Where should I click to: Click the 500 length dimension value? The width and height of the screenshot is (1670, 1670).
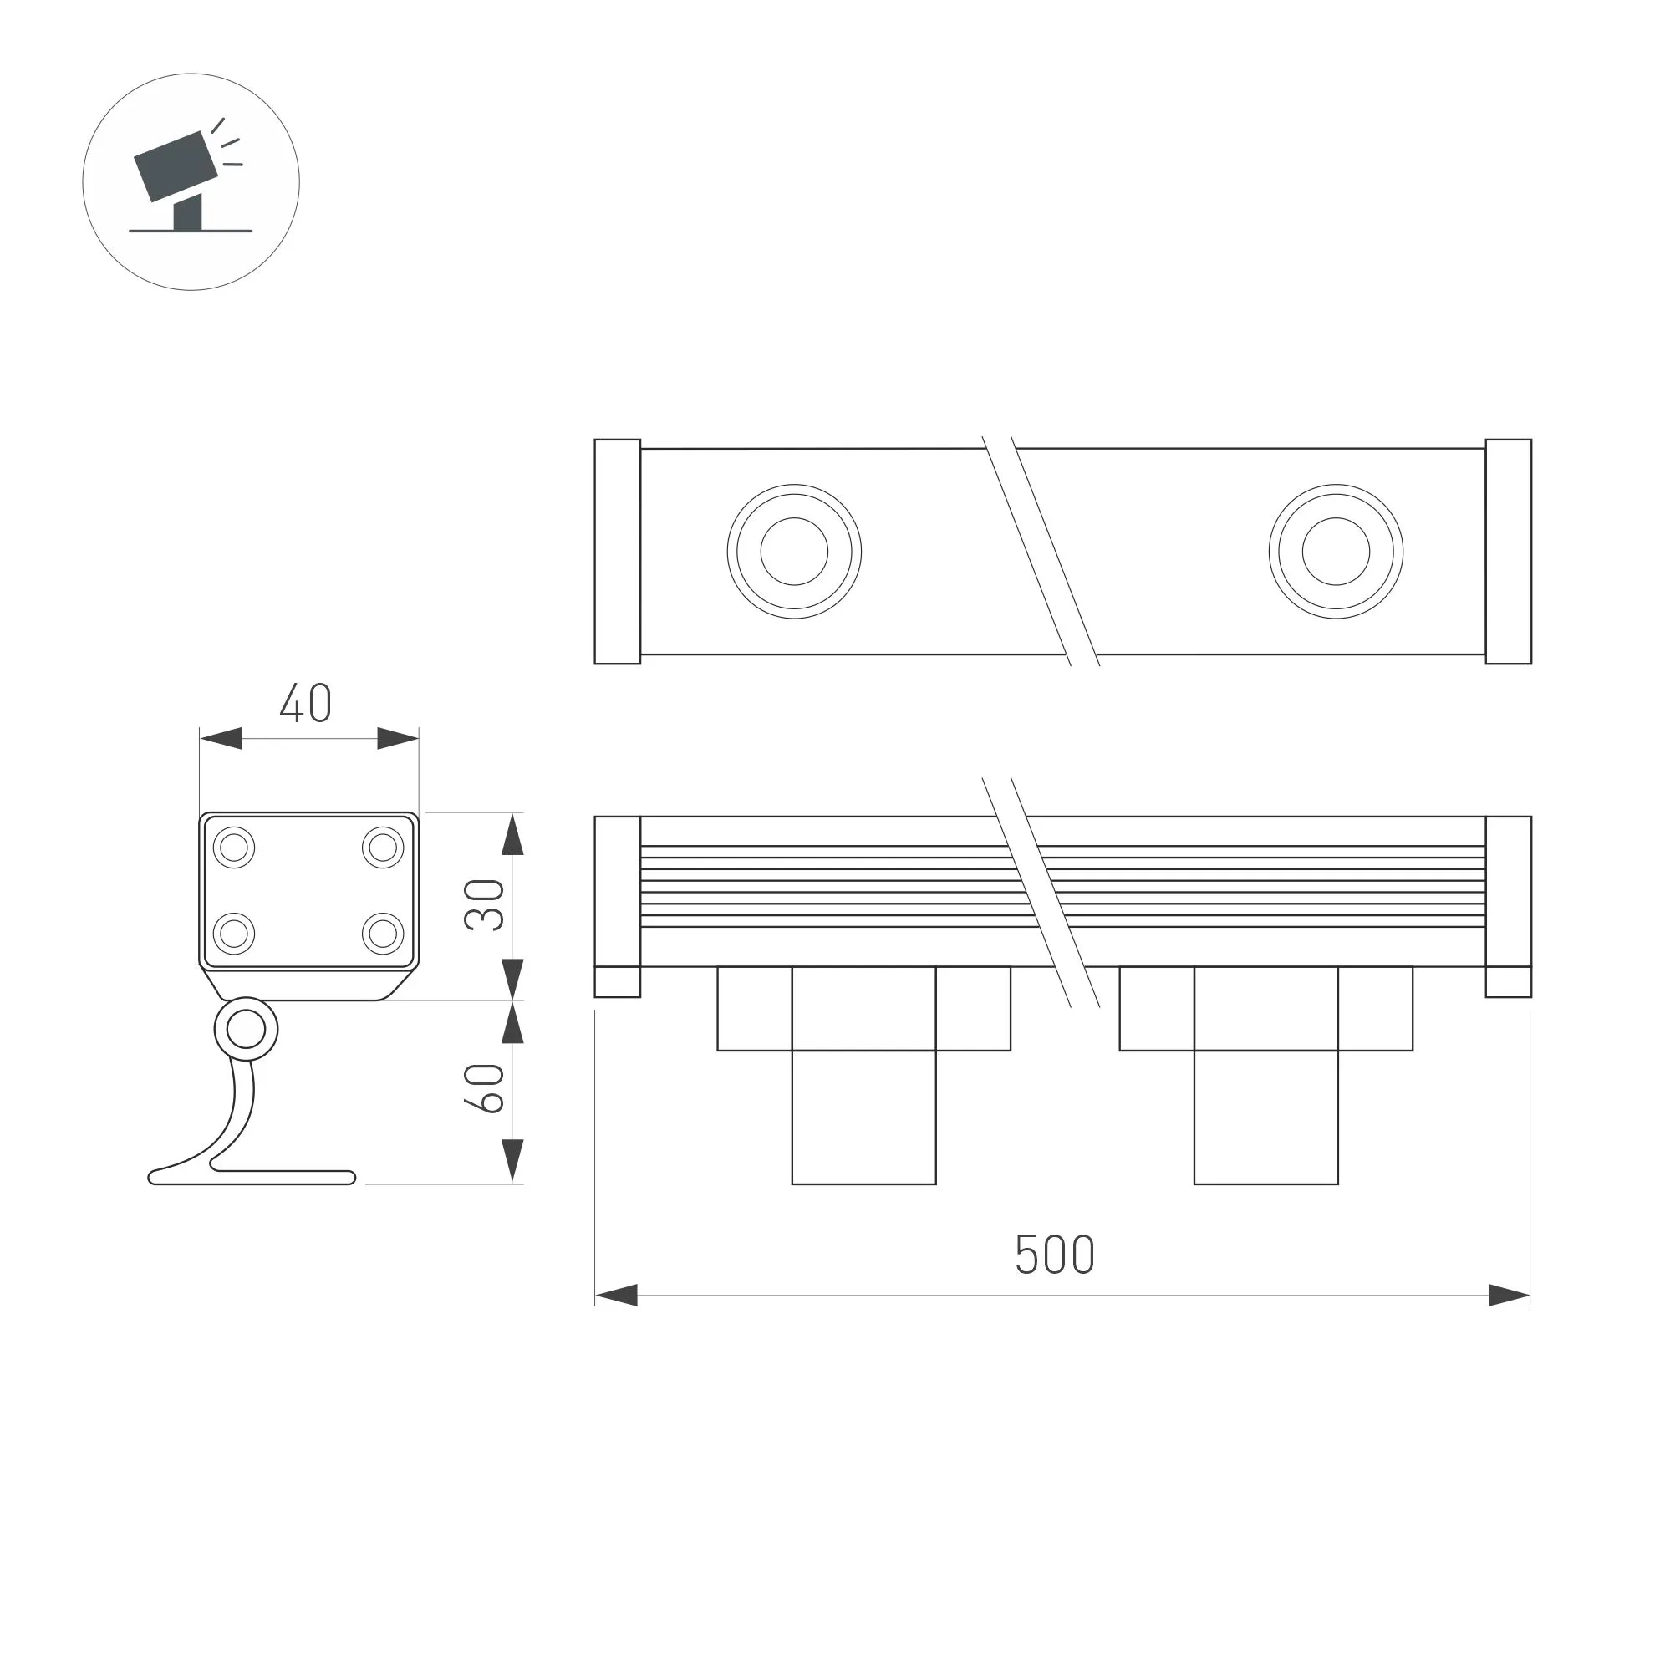[1054, 1255]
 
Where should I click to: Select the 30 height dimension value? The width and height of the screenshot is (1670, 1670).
[484, 904]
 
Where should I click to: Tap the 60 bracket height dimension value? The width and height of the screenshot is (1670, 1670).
[484, 1088]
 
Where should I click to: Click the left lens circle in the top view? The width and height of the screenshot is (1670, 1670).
[793, 552]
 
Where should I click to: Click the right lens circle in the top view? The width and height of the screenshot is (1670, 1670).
[1336, 552]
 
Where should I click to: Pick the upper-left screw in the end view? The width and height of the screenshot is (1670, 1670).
[233, 847]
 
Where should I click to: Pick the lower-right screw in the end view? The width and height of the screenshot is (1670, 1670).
[383, 934]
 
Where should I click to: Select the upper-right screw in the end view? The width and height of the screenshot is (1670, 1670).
[383, 847]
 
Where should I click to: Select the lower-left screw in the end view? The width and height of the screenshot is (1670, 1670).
[233, 934]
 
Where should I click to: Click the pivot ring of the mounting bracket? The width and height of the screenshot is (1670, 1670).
[247, 1030]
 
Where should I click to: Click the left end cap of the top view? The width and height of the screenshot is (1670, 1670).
[617, 552]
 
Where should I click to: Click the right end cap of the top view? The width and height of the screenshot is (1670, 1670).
[1509, 552]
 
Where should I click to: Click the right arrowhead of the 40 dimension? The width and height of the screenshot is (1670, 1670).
[398, 738]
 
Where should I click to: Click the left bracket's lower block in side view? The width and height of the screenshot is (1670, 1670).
[863, 1117]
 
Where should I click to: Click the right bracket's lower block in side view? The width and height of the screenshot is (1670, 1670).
[1265, 1117]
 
